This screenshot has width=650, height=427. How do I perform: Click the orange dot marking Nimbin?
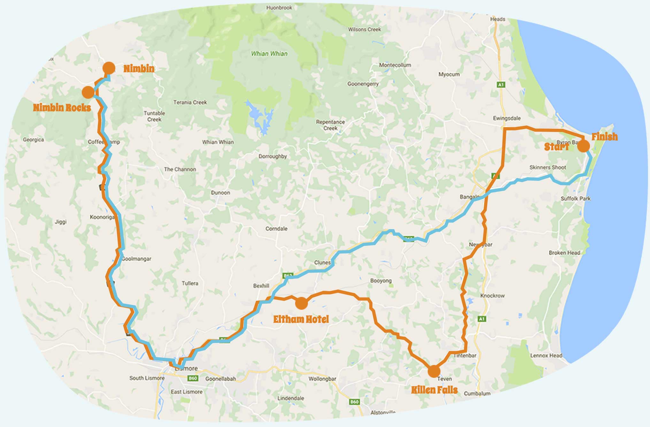click(109, 68)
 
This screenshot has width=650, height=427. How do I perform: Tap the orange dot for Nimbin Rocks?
click(88, 92)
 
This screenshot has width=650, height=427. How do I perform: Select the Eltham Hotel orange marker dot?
click(301, 303)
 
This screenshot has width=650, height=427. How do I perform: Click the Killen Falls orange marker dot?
click(434, 371)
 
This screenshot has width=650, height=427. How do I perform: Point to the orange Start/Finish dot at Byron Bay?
click(584, 146)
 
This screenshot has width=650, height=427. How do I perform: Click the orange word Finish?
click(604, 137)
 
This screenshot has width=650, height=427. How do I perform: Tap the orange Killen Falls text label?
click(434, 390)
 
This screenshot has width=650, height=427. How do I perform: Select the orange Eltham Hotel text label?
click(301, 319)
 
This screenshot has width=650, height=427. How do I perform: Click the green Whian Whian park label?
click(269, 54)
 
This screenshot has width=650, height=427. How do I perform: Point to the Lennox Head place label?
click(546, 355)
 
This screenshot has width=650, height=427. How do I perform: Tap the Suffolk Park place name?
click(576, 198)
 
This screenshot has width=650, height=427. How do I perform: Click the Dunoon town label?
click(220, 193)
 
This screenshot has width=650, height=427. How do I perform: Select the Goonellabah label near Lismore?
click(220, 379)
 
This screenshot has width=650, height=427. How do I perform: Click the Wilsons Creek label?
click(364, 29)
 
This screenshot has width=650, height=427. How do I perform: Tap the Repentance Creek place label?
click(330, 125)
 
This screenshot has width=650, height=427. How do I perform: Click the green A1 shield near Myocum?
click(501, 85)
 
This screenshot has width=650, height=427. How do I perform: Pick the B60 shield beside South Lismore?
click(193, 378)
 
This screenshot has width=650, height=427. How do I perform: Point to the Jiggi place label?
click(61, 222)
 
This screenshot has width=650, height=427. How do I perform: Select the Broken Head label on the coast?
click(564, 252)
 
